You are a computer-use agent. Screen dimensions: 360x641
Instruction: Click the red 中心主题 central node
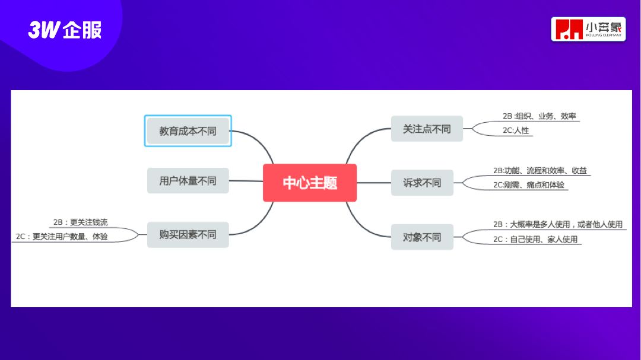pos(310,183)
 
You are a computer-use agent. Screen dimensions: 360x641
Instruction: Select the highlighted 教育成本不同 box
pos(188,131)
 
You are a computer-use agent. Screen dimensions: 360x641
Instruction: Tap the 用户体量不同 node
pos(188,181)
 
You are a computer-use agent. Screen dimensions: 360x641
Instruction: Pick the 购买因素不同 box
pos(188,235)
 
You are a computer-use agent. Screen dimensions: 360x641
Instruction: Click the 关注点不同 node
pos(427,129)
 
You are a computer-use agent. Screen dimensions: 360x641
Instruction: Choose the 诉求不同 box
pos(422,183)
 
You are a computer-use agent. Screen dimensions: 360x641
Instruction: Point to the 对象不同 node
pos(422,237)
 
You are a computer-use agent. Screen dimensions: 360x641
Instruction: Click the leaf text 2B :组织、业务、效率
pos(539,116)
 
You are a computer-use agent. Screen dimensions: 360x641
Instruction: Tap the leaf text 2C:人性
pos(515,130)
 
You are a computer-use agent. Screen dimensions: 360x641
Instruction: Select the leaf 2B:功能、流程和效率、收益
pos(540,170)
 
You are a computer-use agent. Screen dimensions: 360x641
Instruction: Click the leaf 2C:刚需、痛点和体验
pos(529,184)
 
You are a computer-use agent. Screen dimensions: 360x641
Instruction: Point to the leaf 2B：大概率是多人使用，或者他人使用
pos(557,224)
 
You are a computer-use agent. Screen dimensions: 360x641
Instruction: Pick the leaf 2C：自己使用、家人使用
pos(535,240)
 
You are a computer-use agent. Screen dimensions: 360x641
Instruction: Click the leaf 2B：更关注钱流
pos(80,222)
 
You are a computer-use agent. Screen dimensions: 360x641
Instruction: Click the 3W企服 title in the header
pos(65,30)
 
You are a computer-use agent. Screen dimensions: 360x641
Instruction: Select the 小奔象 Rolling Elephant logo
pos(588,29)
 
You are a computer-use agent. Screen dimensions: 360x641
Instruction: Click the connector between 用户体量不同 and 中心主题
pos(246,181)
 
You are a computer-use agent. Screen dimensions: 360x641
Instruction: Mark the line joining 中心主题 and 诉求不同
pos(374,183)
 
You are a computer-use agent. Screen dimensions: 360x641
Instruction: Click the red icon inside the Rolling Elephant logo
pos(567,29)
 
